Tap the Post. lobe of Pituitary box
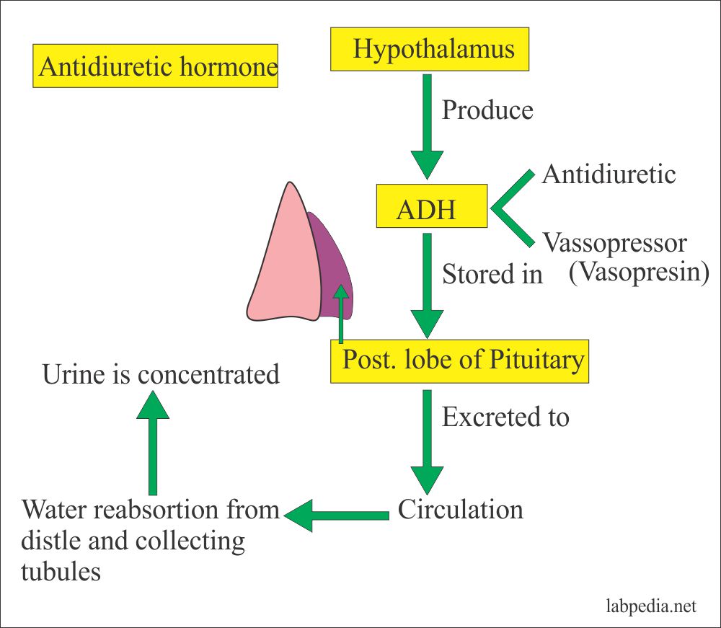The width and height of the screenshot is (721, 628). (460, 361)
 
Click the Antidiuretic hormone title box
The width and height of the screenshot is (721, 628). (156, 66)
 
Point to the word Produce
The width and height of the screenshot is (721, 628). (487, 110)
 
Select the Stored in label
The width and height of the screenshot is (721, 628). (492, 274)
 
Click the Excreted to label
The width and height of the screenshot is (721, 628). (505, 417)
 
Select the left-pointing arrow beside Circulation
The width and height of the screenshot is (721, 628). (336, 514)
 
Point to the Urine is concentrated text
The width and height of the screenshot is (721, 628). (160, 375)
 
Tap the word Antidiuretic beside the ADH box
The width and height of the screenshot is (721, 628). (609, 174)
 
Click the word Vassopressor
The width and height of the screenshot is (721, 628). (614, 243)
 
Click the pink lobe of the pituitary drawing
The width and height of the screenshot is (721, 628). (281, 260)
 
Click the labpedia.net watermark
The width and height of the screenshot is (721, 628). (652, 607)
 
